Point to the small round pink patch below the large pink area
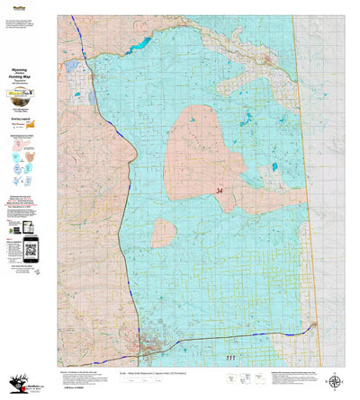[x=164, y=234]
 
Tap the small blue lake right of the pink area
[x=273, y=167]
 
